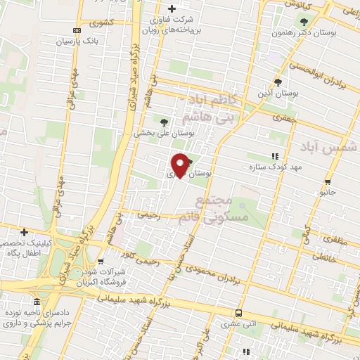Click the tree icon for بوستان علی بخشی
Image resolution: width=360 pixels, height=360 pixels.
coord(164,122)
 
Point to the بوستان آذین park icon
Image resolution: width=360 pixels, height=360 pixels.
coord(281,82)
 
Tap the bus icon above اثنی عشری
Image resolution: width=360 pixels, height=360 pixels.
coord(239,313)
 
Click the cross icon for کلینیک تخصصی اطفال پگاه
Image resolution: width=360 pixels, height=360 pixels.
coord(24,231)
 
